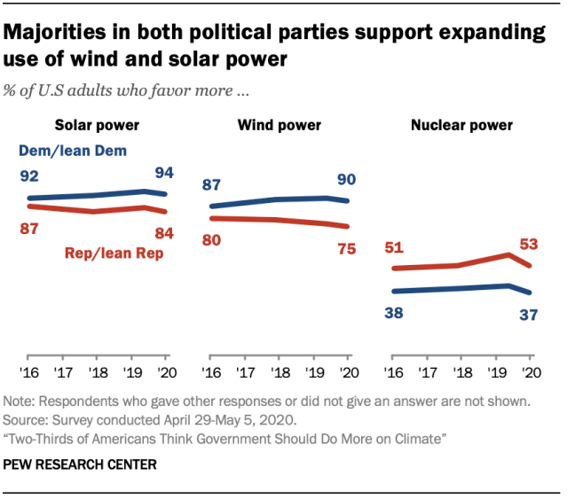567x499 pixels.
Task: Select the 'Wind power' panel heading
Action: (x=279, y=125)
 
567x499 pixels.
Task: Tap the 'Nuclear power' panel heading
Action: (x=461, y=125)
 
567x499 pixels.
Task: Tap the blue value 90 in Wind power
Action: (x=346, y=180)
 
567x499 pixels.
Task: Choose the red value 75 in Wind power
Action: (x=346, y=249)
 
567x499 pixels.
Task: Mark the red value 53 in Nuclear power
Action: (x=529, y=243)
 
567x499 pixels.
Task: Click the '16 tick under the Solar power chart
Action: (x=31, y=372)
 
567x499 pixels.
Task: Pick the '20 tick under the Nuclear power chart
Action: (x=531, y=372)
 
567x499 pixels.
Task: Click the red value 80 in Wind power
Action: (x=213, y=239)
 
